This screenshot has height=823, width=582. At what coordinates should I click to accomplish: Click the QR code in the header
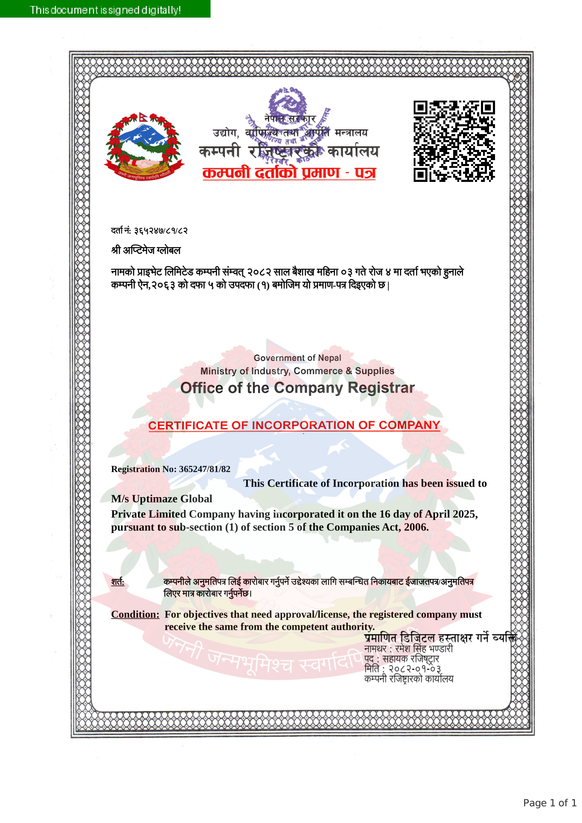[x=454, y=141]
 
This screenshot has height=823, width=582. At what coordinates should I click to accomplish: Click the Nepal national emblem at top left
[x=144, y=147]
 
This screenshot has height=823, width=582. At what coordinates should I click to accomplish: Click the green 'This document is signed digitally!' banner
[x=105, y=9]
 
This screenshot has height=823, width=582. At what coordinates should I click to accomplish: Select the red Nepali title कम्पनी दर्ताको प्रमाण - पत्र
[x=289, y=173]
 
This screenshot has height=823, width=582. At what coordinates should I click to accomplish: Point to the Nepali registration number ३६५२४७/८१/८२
[x=161, y=231]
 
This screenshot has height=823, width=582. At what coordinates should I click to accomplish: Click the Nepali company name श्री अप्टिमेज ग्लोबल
[x=146, y=250]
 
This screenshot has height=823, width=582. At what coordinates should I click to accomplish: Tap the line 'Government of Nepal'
[x=297, y=358]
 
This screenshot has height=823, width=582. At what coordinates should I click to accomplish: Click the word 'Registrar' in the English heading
[x=381, y=388]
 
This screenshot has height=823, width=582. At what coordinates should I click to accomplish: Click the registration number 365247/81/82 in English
[x=205, y=469]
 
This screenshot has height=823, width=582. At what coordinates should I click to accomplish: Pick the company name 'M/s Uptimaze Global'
[x=162, y=499]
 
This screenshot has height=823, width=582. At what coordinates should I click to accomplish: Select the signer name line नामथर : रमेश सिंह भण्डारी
[x=408, y=649]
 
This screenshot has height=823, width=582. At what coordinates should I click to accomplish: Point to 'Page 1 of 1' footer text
[x=550, y=803]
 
